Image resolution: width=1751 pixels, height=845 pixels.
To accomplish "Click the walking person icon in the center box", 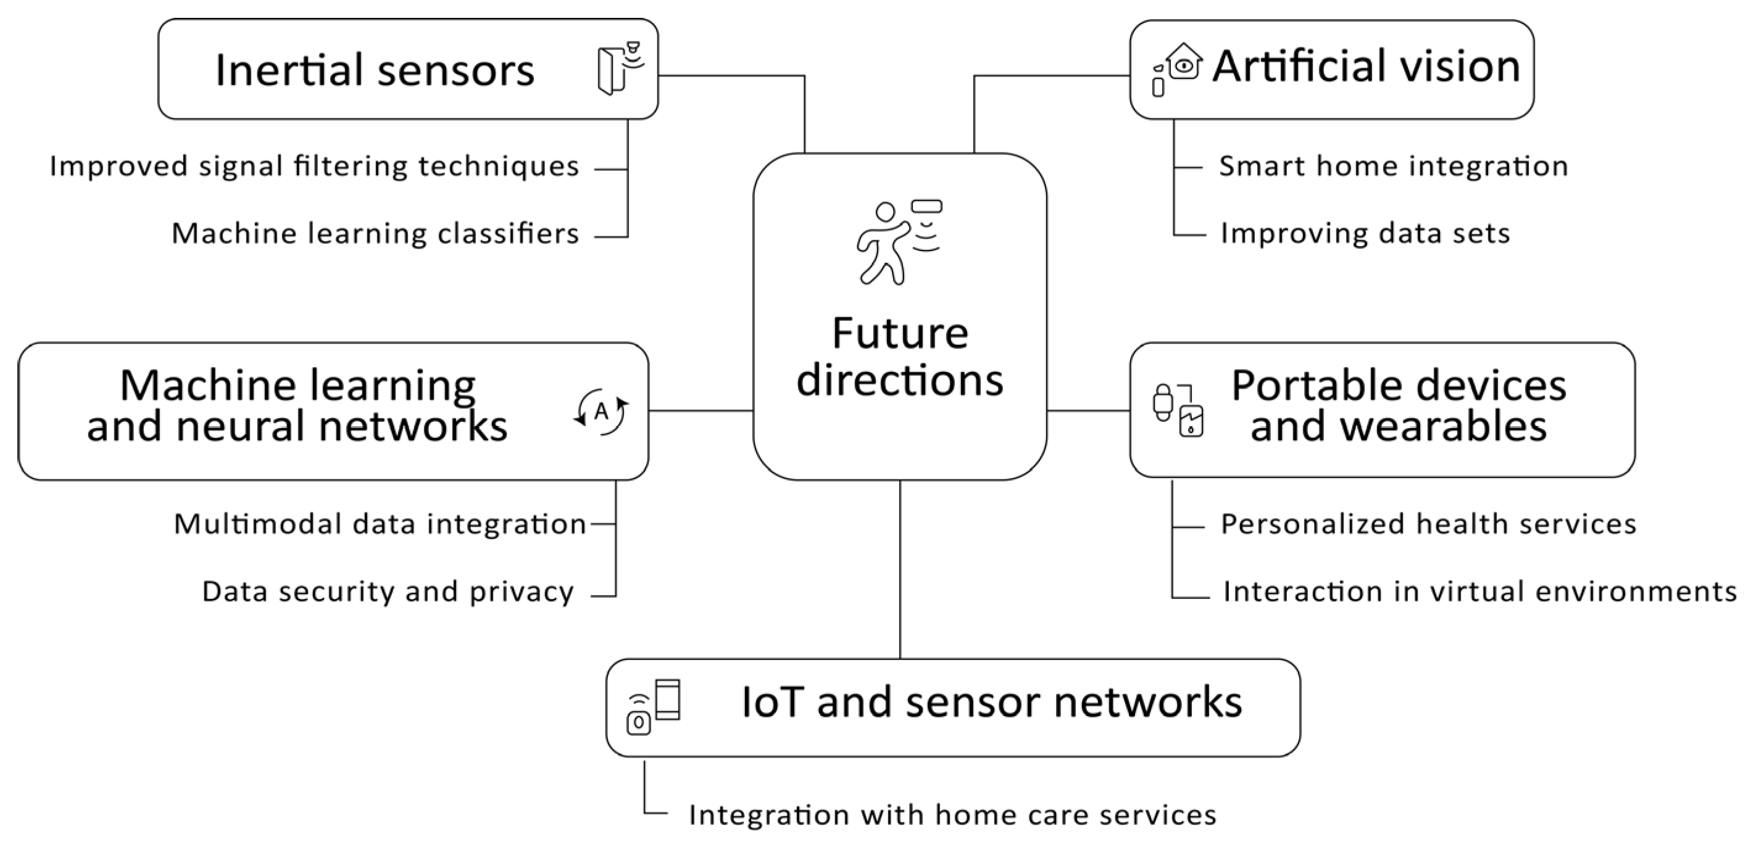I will coord(884,243).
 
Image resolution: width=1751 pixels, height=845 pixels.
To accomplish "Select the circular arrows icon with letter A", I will coord(601,411).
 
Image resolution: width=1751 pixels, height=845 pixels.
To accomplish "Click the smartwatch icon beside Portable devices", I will coord(1163,402).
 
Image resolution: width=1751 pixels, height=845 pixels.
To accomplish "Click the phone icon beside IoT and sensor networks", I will coord(667,699).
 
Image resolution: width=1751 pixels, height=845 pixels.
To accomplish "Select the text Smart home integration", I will coord(1394,167).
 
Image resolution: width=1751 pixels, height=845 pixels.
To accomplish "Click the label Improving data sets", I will coord(1365,234).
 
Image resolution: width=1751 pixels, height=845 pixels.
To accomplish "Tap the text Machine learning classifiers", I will coord(375,234).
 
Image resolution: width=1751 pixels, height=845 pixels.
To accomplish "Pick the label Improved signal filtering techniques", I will coord(314,167).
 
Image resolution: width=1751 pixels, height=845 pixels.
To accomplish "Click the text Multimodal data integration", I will coord(380,524).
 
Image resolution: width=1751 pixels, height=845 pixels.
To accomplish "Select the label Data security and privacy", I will coord(388,591).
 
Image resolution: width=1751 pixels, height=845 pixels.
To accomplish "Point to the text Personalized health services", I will coord(1428,524).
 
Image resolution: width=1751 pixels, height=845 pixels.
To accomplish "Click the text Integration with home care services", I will coord(952,814).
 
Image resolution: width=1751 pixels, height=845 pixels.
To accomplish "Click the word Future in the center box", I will coord(900,334).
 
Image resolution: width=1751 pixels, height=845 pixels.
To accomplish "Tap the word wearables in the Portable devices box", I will coord(1399,427).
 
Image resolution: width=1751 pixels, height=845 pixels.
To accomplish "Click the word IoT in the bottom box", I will coord(773,702).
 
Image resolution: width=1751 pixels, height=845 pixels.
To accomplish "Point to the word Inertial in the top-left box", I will coord(288,70).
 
